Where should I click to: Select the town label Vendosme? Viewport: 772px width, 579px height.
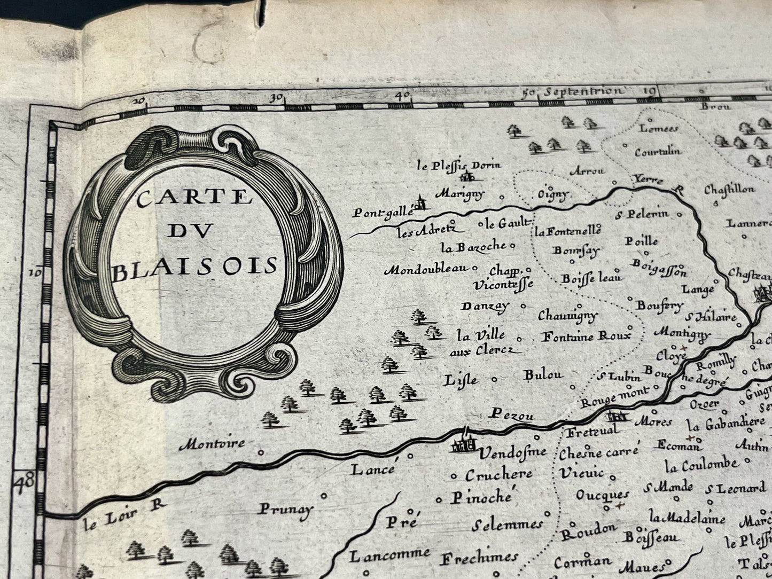512,453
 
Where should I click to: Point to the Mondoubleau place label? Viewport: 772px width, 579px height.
425,269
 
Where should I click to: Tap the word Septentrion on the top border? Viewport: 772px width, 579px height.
582,91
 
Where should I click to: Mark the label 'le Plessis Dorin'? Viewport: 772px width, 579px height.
459,165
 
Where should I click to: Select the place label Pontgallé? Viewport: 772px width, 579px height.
384,212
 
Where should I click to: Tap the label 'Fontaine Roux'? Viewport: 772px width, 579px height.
586,337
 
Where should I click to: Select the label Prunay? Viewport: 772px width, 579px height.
285,508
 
